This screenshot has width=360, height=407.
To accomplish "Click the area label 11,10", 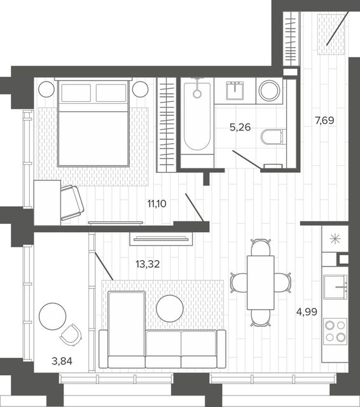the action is [x=156, y=203].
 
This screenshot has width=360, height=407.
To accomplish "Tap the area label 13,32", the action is [x=148, y=265].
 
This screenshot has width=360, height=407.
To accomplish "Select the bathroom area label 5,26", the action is [x=240, y=127].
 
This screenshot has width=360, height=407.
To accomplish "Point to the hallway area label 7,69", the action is [x=324, y=120].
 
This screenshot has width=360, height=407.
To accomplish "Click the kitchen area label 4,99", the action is [x=307, y=311].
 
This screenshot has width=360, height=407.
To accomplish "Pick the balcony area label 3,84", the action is [x=62, y=361].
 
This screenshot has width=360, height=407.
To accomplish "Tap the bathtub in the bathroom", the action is [x=197, y=116].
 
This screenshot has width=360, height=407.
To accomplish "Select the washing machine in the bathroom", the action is [x=270, y=91].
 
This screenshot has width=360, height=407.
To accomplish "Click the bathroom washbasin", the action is [x=235, y=90].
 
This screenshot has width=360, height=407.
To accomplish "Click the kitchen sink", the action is [x=335, y=287].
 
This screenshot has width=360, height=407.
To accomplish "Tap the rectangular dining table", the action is [x=261, y=282].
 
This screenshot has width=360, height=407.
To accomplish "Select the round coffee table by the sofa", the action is [x=170, y=308].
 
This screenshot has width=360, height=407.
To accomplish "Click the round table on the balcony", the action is [x=52, y=316].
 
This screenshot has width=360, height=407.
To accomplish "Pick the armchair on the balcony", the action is [x=71, y=335].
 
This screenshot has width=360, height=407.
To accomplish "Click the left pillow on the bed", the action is [x=76, y=93].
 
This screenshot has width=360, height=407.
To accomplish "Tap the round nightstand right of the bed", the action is [x=141, y=89].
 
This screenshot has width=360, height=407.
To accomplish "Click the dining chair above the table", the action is [x=261, y=247].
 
